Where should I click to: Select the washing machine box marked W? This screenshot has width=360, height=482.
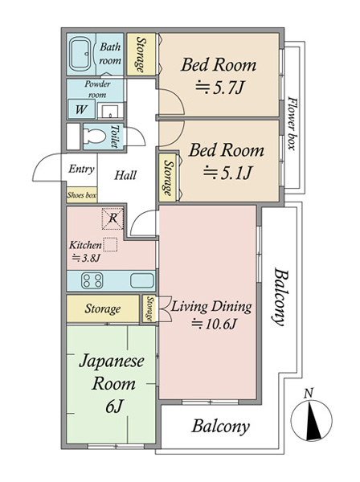pyautogui.click(x=82, y=109)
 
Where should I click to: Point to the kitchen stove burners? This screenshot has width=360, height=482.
pyautogui.click(x=90, y=281)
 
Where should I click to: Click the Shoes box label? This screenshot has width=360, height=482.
pyautogui.click(x=81, y=194)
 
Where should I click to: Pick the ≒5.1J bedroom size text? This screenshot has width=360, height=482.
pyautogui.click(x=227, y=171)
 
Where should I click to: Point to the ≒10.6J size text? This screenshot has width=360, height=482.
pyautogui.click(x=216, y=324)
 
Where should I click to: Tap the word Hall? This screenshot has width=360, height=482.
pyautogui.click(x=125, y=175)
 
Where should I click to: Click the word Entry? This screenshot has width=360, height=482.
pyautogui.click(x=81, y=170)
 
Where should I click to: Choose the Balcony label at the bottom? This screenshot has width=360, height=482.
pyautogui.click(x=220, y=427)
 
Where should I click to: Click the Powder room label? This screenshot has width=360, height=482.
pyautogui.click(x=97, y=88)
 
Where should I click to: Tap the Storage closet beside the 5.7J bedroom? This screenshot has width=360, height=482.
pyautogui.click(x=142, y=55)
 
